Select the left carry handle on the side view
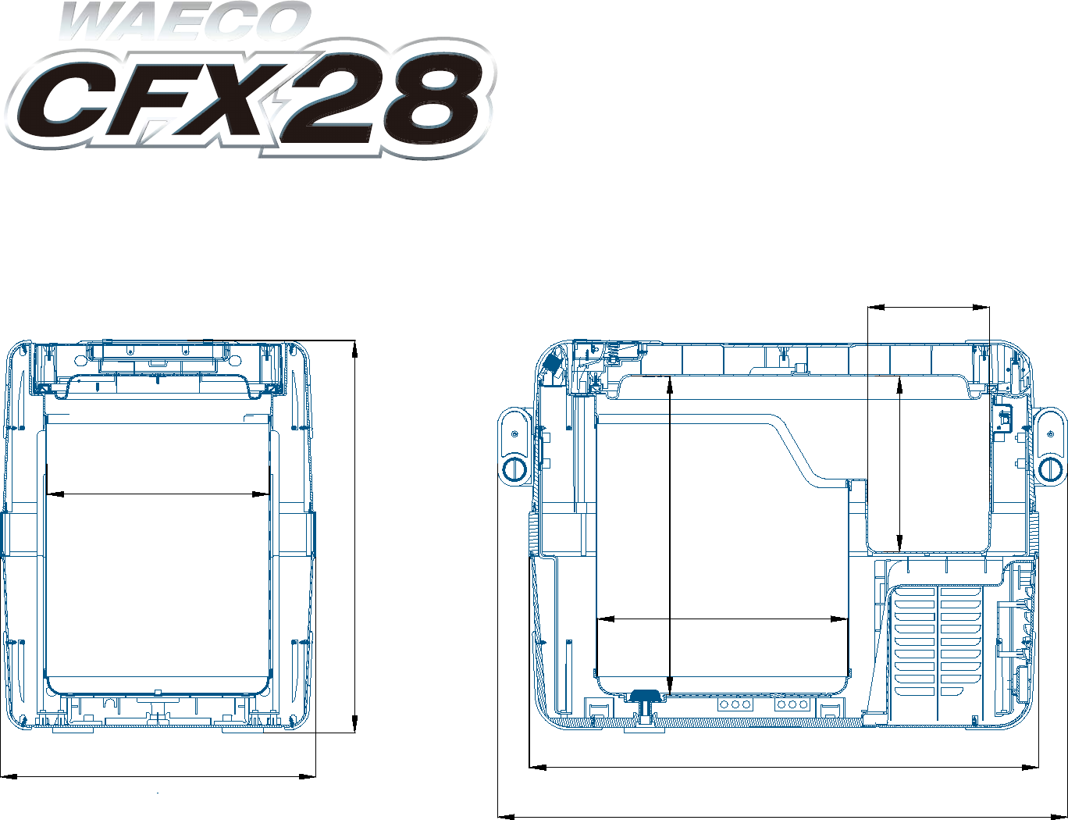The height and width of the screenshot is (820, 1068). click(514, 446)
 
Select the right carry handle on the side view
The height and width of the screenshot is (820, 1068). click(1050, 446)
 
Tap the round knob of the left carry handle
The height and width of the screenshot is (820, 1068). click(514, 469)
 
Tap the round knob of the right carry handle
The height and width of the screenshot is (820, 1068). click(1050, 469)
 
